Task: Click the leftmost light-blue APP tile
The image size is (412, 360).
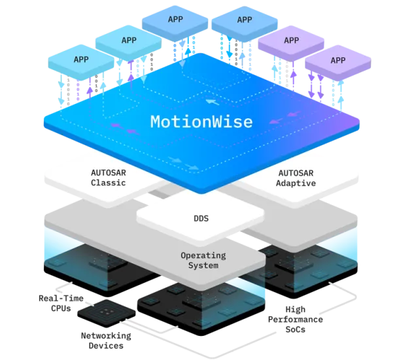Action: pyautogui.click(x=81, y=59)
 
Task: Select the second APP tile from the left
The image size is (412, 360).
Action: pyautogui.click(x=128, y=41)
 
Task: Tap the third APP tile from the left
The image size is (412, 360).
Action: pyautogui.click(x=175, y=20)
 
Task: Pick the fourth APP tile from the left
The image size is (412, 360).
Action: pyautogui.click(x=244, y=20)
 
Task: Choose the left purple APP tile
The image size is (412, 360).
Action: pyautogui.click(x=291, y=41)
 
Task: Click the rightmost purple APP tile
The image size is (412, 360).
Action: pyautogui.click(x=337, y=60)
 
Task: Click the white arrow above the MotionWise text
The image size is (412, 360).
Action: pyautogui.click(x=209, y=101)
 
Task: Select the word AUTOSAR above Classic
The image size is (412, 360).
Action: pyautogui.click(x=109, y=172)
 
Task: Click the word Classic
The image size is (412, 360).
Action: pyautogui.click(x=109, y=182)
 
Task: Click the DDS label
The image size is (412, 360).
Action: pyautogui.click(x=201, y=218)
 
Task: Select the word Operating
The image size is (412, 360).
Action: pyautogui.click(x=203, y=255)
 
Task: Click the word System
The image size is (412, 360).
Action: pyautogui.click(x=203, y=265)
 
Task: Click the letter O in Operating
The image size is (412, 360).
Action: pyautogui.click(x=184, y=255)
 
